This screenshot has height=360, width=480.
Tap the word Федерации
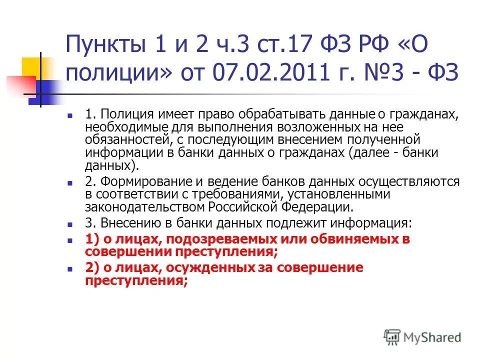tap(322, 206)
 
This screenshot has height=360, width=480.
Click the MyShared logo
tap(423, 337)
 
